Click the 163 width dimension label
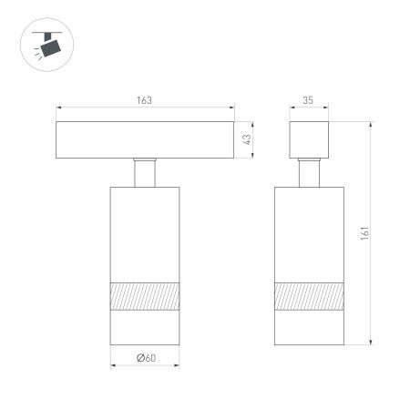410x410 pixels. [x=144, y=99]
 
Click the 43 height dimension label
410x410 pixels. [x=246, y=139]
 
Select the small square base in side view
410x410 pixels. [x=310, y=139]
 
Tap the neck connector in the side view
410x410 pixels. [x=310, y=173]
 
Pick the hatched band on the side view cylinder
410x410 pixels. [x=310, y=296]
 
